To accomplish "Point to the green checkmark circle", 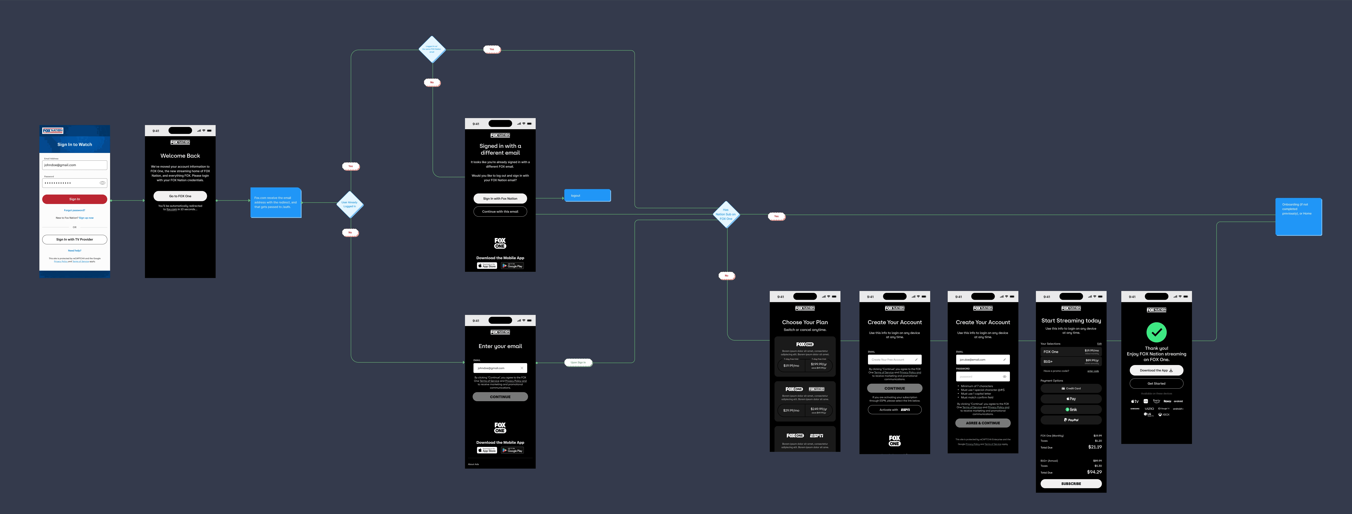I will click(1156, 332).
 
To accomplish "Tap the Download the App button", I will click(1156, 370).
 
